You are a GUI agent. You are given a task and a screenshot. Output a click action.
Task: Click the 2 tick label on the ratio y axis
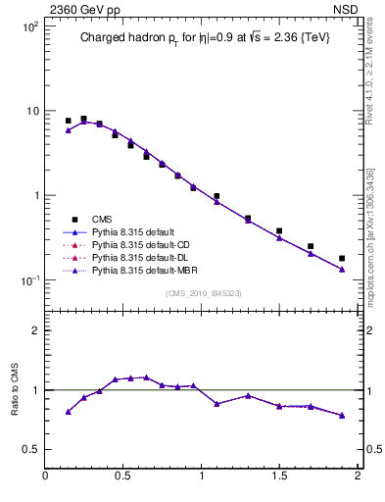tap(34, 330)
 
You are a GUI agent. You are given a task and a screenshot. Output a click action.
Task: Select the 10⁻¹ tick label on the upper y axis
tap(26, 280)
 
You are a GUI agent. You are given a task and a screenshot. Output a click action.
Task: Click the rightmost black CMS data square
tap(342, 259)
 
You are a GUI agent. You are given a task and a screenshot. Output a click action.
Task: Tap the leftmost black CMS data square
tap(68, 121)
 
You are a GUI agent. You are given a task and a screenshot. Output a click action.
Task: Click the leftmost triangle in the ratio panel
tap(68, 412)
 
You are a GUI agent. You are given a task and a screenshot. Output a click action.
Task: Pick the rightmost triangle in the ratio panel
tap(342, 416)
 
